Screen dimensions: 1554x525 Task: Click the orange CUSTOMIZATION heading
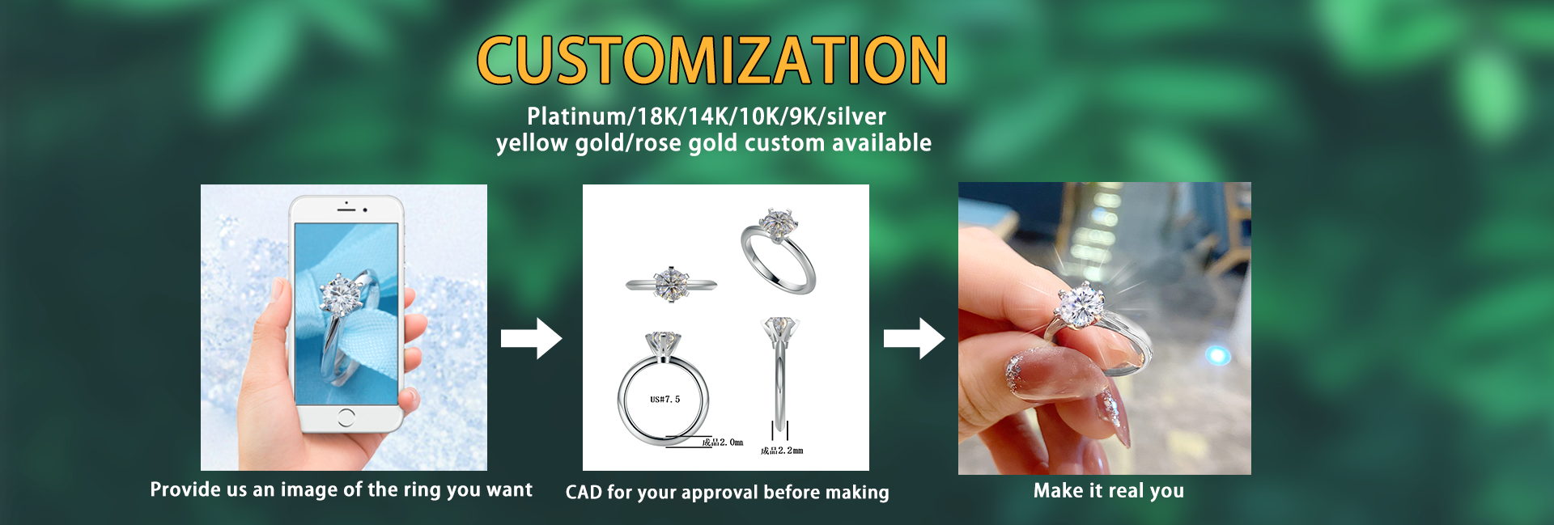pyautogui.click(x=711, y=60)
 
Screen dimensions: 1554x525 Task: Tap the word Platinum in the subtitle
pyautogui.click(x=576, y=116)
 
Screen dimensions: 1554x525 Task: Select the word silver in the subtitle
pyautogui.click(x=856, y=116)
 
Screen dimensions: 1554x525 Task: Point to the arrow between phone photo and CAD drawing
pyautogui.click(x=531, y=338)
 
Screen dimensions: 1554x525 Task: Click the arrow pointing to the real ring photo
pyautogui.click(x=914, y=338)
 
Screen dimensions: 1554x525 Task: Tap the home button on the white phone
pyautogui.click(x=346, y=417)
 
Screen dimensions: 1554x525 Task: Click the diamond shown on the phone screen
pyautogui.click(x=341, y=295)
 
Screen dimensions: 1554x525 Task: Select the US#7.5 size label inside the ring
pyautogui.click(x=665, y=400)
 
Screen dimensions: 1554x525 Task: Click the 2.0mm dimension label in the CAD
pyautogui.click(x=723, y=442)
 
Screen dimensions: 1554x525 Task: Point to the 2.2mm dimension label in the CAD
pyautogui.click(x=782, y=451)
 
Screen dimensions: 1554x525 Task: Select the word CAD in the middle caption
pyautogui.click(x=583, y=493)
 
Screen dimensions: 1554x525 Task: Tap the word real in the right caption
pyautogui.click(x=1126, y=491)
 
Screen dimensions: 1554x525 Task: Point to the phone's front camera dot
pyautogui.click(x=365, y=210)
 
